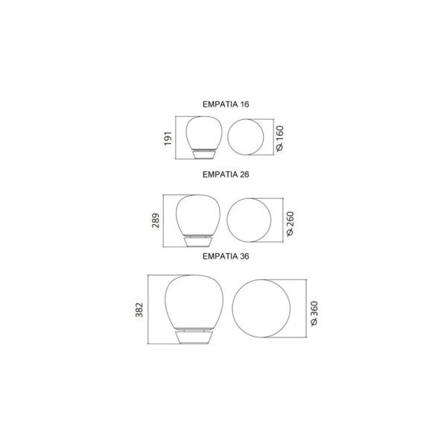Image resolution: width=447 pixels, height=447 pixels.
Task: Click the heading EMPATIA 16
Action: (x=226, y=104)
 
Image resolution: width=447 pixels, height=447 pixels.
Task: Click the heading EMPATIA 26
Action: (x=226, y=174)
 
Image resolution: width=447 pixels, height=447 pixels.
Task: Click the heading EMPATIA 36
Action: (x=226, y=256)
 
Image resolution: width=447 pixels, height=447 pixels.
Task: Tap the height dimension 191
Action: (x=168, y=139)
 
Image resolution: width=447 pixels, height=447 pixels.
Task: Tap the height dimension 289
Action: (x=156, y=221)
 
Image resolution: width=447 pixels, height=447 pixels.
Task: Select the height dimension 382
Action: (x=139, y=310)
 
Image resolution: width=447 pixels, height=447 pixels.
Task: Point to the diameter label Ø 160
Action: (x=280, y=139)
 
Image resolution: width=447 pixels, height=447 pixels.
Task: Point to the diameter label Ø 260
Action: (x=290, y=223)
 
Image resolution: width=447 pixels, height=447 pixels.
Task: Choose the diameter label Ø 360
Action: (x=314, y=314)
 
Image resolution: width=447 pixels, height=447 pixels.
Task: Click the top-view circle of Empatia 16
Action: (x=228, y=137)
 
